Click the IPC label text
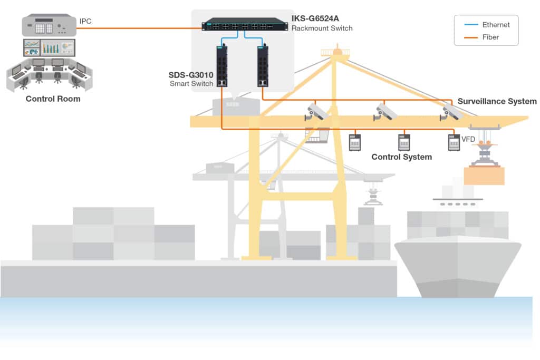(x=85, y=21)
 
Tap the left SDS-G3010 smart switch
(x=221, y=65)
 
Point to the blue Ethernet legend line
(x=472, y=25)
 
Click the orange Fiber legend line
(x=472, y=37)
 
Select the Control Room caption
(x=53, y=99)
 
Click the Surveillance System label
(x=497, y=101)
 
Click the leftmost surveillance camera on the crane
(x=317, y=112)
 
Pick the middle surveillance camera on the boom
(x=385, y=112)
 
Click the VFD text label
(x=468, y=140)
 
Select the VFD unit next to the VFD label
(x=454, y=142)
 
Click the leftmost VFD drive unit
(x=355, y=142)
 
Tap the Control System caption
(x=401, y=157)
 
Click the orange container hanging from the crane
(x=484, y=176)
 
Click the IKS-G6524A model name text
(x=315, y=19)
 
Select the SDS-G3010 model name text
(x=191, y=75)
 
